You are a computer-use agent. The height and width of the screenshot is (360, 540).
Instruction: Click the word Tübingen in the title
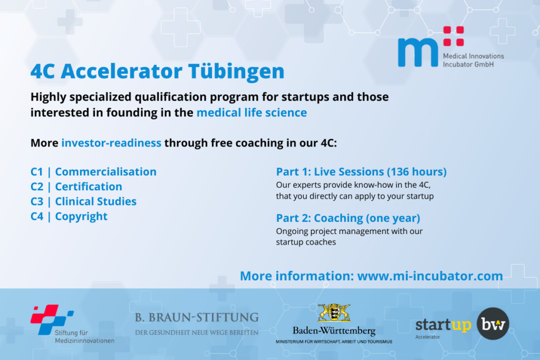click(236, 72)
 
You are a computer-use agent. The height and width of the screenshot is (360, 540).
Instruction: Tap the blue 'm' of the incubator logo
click(418, 52)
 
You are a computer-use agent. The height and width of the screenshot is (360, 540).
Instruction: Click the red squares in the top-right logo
click(454, 36)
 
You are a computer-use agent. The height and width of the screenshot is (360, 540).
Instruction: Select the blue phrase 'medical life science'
click(252, 113)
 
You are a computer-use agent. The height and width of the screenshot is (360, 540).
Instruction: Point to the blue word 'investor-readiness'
click(111, 143)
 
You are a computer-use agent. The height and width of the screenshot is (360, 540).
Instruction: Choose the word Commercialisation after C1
click(105, 171)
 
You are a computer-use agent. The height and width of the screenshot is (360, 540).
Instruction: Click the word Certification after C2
click(89, 187)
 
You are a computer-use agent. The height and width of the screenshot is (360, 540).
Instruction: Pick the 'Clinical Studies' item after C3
click(96, 201)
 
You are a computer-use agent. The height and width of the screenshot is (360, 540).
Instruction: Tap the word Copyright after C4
click(81, 217)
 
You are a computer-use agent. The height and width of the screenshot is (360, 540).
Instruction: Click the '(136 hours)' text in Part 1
click(417, 172)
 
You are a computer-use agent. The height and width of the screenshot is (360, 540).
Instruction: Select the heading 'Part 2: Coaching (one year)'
click(348, 218)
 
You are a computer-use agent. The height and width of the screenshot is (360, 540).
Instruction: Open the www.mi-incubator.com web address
click(430, 276)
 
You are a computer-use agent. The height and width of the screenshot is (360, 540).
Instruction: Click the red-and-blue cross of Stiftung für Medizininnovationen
click(52, 319)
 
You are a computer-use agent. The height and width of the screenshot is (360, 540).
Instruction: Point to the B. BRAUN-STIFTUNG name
click(197, 317)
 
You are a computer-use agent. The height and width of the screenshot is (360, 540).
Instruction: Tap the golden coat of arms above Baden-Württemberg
click(334, 313)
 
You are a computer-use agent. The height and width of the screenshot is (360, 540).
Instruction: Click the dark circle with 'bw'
click(493, 324)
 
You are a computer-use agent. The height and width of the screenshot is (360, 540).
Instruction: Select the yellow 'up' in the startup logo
click(461, 325)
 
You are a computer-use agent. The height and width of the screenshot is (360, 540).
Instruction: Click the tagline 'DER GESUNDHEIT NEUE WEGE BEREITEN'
click(197, 333)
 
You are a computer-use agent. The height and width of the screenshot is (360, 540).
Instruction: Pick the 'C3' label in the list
click(37, 201)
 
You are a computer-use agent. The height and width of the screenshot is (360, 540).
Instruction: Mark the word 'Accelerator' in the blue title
click(122, 71)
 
